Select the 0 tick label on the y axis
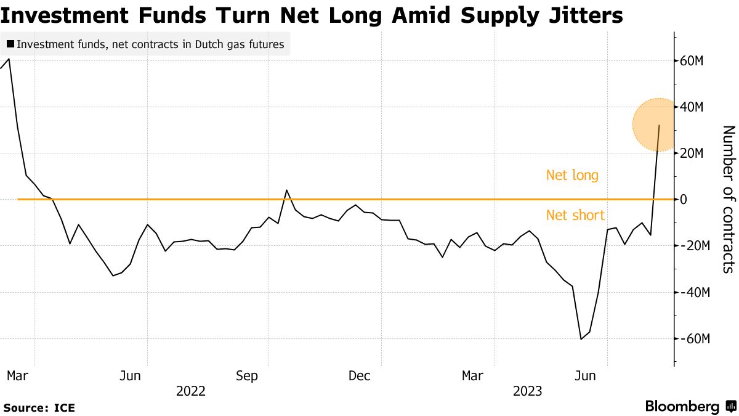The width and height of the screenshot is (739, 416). click(x=684, y=200)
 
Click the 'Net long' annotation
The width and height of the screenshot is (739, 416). click(x=572, y=176)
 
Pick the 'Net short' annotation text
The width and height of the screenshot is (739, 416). click(x=575, y=216)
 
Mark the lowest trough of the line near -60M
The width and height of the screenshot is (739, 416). click(x=581, y=339)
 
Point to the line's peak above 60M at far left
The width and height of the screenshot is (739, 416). click(x=9, y=59)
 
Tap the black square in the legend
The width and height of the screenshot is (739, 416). click(x=10, y=44)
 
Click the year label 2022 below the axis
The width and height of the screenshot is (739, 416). click(x=191, y=391)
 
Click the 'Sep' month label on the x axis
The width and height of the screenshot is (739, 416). click(x=248, y=376)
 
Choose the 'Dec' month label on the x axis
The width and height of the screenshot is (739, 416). click(x=359, y=376)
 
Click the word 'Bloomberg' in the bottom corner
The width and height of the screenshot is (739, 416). click(x=682, y=407)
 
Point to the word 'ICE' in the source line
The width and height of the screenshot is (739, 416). click(x=64, y=408)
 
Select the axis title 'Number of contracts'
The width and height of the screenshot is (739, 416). click(x=728, y=199)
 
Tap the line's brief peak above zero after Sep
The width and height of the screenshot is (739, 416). click(x=287, y=190)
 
